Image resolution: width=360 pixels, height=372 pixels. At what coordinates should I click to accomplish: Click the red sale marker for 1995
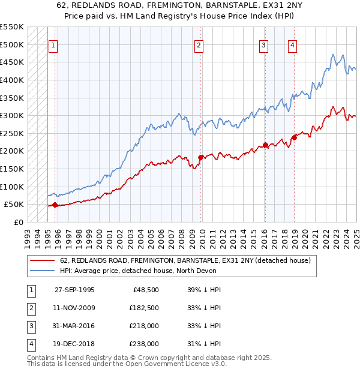(55, 205)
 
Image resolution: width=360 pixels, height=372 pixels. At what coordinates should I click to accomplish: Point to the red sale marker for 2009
(201, 157)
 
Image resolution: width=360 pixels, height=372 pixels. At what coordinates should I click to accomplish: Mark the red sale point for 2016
(265, 145)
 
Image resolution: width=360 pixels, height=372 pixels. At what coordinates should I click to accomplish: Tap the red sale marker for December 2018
(294, 137)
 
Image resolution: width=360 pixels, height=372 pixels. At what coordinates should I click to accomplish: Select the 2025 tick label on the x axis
(356, 233)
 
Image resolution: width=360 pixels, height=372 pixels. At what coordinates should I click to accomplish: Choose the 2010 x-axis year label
(202, 233)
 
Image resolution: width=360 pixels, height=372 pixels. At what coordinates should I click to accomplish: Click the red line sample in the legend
(42, 260)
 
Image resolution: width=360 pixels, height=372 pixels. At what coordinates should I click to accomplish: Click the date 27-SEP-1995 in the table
(74, 289)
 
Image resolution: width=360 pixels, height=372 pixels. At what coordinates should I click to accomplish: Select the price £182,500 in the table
(143, 308)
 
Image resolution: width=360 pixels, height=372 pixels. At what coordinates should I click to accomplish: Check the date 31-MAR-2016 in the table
(74, 326)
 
